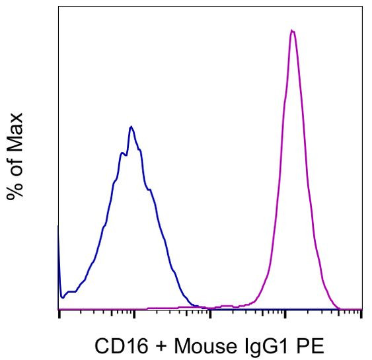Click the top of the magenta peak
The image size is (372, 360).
[291, 30]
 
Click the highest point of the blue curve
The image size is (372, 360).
[131, 126]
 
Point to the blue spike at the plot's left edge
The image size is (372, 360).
[59, 228]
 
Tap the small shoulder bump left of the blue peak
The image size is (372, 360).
[121, 153]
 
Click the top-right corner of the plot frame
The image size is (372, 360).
[361, 7]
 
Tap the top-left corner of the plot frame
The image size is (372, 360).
[59, 7]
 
